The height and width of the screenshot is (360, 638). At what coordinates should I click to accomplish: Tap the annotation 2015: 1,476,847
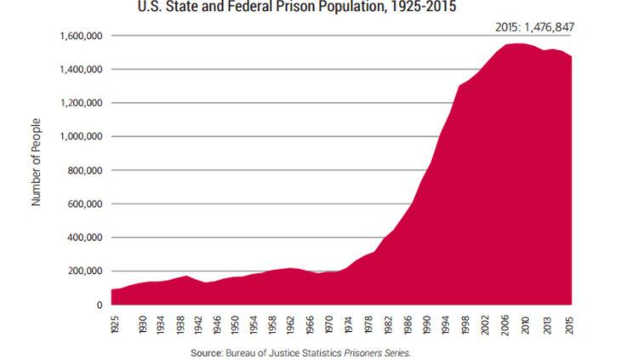535,27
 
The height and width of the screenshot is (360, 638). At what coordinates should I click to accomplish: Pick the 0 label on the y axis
100,305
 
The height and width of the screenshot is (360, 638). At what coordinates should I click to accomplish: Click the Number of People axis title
37,171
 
